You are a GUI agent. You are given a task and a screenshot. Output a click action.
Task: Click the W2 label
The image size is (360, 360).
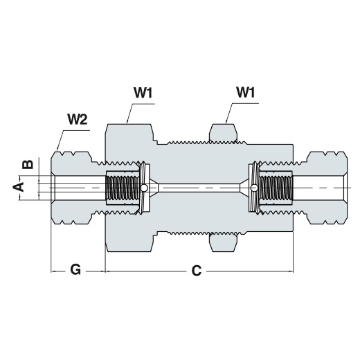(78, 120)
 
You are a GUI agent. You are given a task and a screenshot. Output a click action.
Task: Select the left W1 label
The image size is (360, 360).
(143, 93)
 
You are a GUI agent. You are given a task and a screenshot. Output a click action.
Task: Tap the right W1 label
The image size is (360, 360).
(246, 92)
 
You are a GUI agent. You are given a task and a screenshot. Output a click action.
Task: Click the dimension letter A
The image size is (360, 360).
(18, 187)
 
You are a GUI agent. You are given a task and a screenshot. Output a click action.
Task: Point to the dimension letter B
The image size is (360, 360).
(28, 164)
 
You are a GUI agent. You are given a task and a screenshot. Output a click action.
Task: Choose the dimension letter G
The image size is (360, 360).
(75, 269)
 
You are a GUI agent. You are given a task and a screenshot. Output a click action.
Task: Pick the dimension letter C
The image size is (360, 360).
(197, 271)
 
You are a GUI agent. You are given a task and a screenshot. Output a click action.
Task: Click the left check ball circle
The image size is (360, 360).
(144, 188)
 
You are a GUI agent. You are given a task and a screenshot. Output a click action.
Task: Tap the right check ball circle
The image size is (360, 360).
(254, 188)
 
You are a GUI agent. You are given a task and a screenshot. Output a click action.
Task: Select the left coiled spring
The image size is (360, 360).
(123, 188)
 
